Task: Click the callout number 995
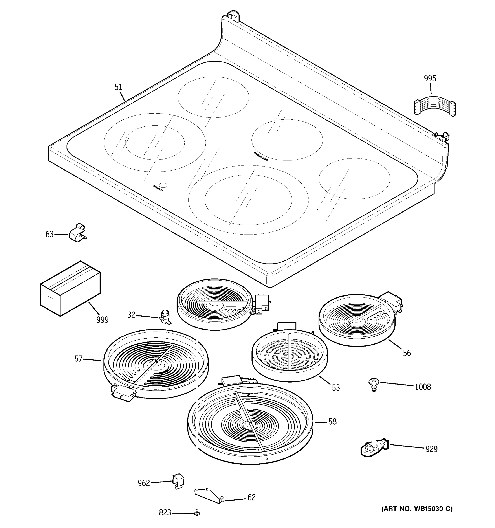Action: pos(430,78)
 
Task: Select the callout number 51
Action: pos(118,87)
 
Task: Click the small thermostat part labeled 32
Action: pos(165,317)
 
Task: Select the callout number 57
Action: pos(78,359)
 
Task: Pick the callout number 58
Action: pos(332,422)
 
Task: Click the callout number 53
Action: pos(336,388)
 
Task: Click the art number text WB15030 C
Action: pos(417,509)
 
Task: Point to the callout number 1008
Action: pos(423,387)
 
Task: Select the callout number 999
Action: pos(103,320)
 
